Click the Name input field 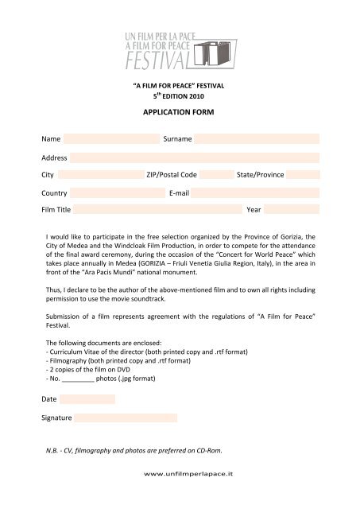tap(111, 139)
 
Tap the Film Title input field tap(157, 210)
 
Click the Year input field tap(292, 210)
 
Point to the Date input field tap(87, 399)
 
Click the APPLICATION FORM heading tap(180, 113)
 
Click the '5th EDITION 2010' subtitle tap(180, 95)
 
